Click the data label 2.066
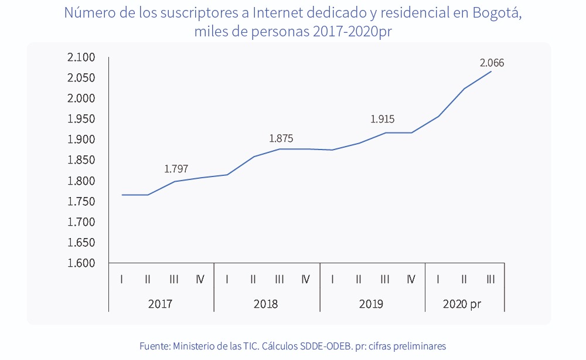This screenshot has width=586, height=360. coord(492,63)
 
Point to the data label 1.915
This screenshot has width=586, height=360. coord(382,119)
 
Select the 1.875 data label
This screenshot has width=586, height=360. coord(281,139)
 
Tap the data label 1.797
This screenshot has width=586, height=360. coord(176,169)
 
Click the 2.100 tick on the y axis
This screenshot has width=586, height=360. coord(81,57)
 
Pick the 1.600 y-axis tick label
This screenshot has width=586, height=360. coord(81,263)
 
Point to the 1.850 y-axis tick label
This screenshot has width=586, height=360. coord(81,160)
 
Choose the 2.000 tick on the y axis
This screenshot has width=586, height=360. coord(81,99)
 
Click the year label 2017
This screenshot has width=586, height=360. coord(160,304)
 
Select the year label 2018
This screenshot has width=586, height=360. coord(265,304)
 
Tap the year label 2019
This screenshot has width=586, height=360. coord(371,304)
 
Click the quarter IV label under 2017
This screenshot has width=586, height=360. coord(200,279)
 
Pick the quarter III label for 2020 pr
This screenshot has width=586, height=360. coord(490,279)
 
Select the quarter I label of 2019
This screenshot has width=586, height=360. coord(332,279)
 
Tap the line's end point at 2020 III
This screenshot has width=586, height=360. coord(490,72)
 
